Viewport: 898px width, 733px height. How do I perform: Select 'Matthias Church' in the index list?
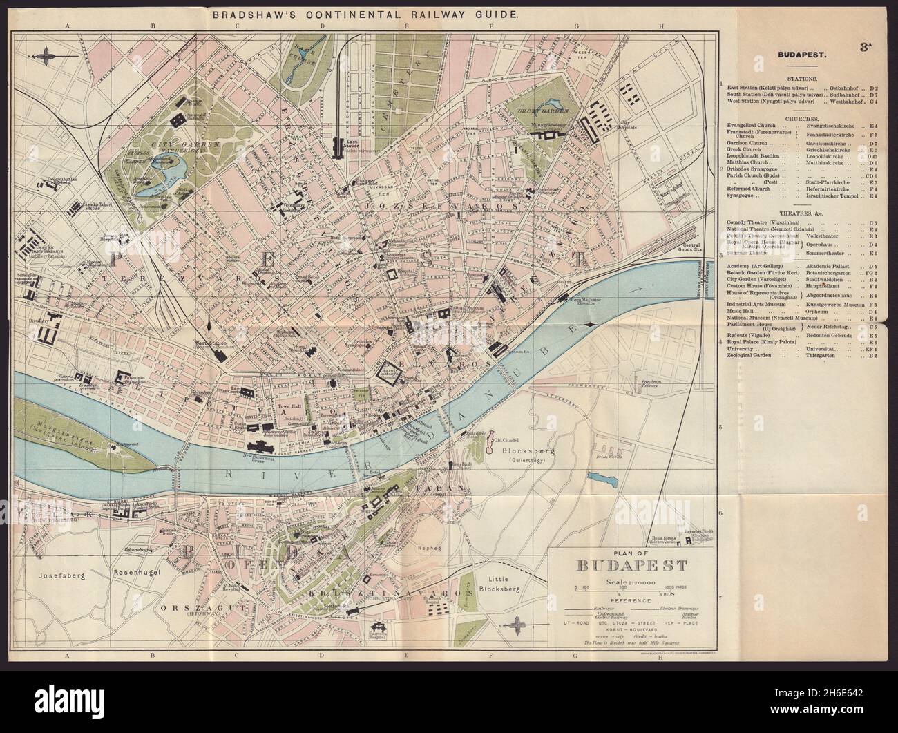pyautogui.click(x=748, y=162)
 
